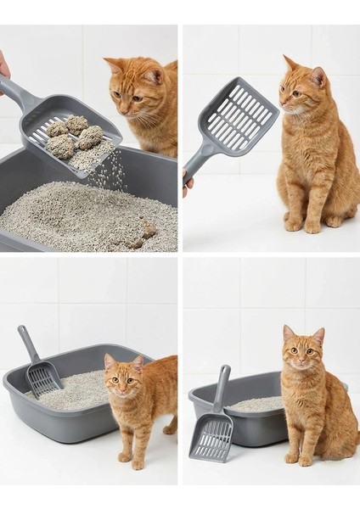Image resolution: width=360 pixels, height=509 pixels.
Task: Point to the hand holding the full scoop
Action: click(3, 66)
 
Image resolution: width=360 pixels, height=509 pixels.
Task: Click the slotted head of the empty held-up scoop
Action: click(240, 117)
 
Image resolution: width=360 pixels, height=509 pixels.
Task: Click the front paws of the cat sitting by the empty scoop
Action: click(303, 224)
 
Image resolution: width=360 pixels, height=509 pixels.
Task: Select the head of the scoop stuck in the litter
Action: click(42, 377)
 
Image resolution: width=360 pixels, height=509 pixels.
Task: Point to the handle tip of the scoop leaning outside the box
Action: click(225, 370)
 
